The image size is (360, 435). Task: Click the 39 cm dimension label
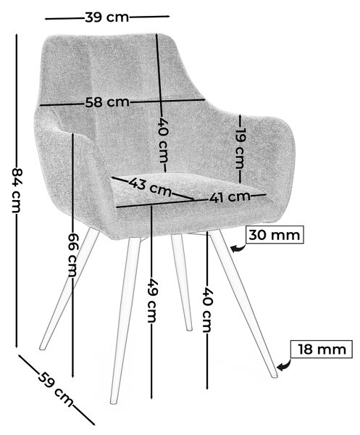[x=107, y=17]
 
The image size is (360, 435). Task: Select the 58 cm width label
[x=107, y=102]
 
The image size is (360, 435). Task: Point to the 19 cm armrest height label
[x=239, y=148]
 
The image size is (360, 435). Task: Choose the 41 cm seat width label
[x=230, y=197]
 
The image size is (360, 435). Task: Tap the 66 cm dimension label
[x=72, y=254]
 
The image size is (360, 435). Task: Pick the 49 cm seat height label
[x=152, y=300]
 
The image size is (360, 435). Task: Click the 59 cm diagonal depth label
[x=56, y=389]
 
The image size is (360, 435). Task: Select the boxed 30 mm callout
[x=275, y=235]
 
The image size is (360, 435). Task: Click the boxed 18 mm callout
[x=322, y=349]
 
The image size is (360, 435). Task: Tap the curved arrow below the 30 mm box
[x=238, y=248]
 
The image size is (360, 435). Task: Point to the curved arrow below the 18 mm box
[x=283, y=365]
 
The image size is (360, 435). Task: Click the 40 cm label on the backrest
[x=162, y=141]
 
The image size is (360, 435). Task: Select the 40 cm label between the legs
[x=207, y=310]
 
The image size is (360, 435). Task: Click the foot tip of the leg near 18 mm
[x=275, y=376]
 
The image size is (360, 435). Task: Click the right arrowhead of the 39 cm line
[x=167, y=17]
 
